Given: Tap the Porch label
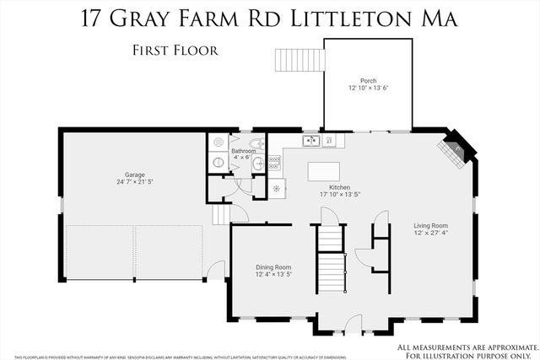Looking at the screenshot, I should [x=368, y=81].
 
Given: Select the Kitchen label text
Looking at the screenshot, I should [x=339, y=187].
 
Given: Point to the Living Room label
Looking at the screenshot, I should [x=430, y=225].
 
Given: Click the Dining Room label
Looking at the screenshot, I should [x=273, y=266].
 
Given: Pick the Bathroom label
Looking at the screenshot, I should [x=244, y=151].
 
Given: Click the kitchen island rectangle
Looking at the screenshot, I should [x=325, y=171].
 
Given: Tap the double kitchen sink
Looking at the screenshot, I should [x=310, y=141].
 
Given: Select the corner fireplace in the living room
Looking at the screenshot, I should [x=452, y=148].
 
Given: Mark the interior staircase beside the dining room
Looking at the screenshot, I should [x=331, y=261].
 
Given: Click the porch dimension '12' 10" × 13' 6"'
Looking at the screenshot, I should [x=368, y=89].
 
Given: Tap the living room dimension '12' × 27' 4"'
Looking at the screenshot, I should [x=430, y=233].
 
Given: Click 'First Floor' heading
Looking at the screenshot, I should [x=175, y=50].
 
